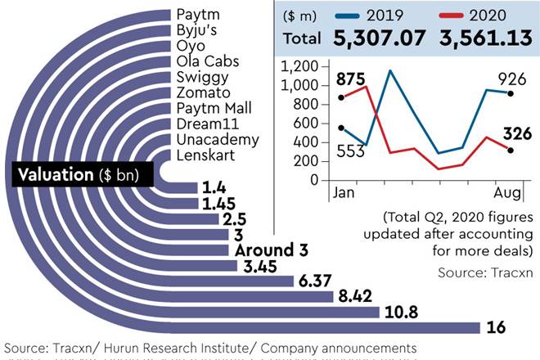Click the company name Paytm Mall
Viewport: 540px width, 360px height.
click(214, 108)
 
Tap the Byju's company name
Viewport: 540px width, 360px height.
click(201, 29)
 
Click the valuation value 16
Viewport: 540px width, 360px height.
click(494, 327)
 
